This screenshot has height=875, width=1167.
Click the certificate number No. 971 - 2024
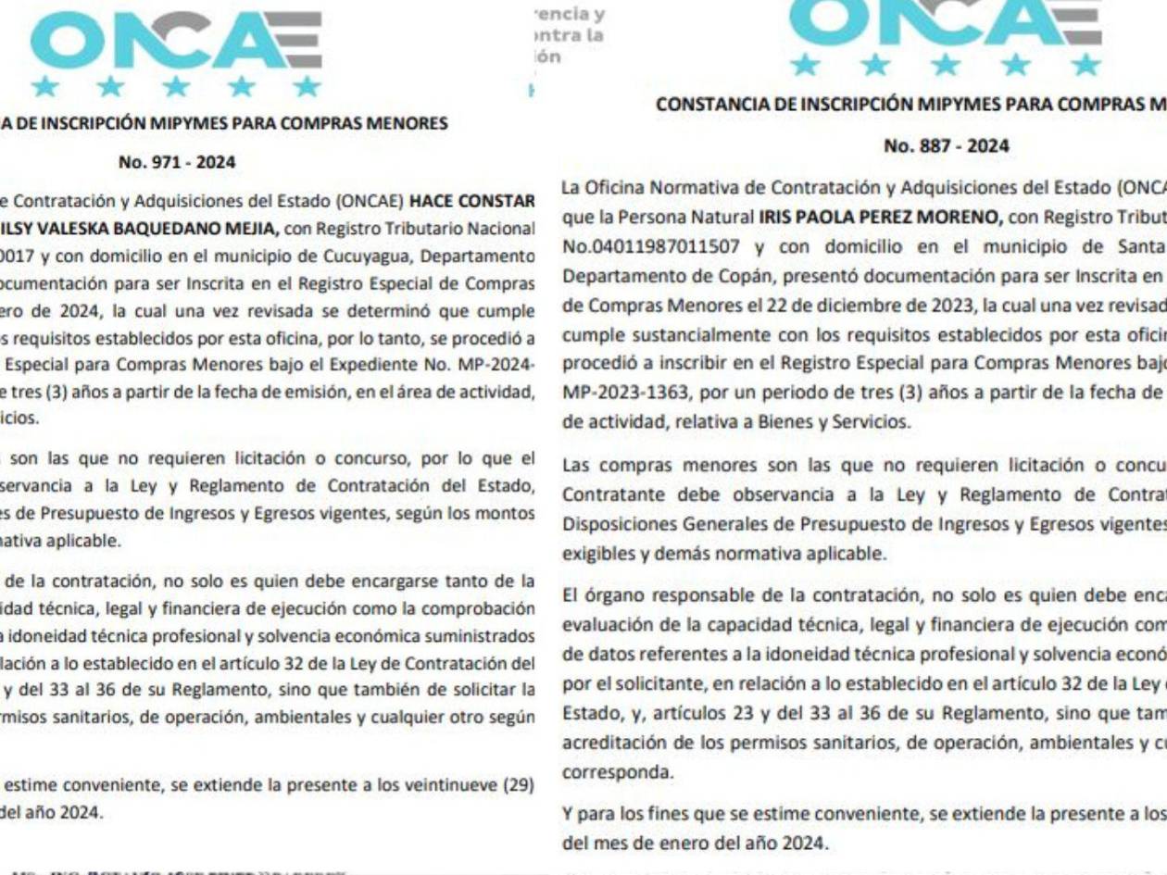click(164, 162)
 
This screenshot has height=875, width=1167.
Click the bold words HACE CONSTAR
click(472, 202)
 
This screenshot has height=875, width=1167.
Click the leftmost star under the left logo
click(43, 88)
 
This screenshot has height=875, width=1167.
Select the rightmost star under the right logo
click(1089, 66)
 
